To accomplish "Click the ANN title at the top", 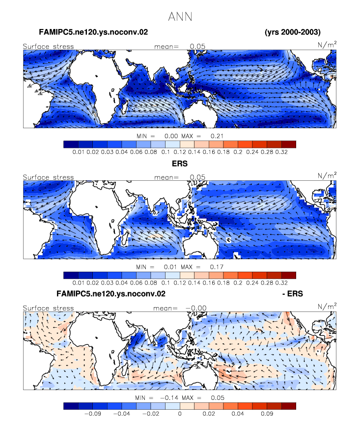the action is coord(180,17).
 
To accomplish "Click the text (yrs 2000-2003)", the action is coord(293,32).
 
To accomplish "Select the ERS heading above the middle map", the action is coord(180,164).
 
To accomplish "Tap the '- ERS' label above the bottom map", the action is coord(293,293).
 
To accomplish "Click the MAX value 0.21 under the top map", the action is coord(217,136).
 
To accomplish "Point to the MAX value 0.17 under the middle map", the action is coord(217,267).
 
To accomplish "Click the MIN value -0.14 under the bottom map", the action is coord(169,397).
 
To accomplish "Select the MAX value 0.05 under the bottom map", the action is coord(218,397).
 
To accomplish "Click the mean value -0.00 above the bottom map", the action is coord(196,308).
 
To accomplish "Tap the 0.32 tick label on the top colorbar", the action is coord(281,152).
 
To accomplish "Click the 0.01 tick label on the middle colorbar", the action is coord(79,282).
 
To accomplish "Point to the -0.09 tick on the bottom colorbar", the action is coord(93,414).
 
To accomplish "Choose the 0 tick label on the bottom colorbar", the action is coord(180,414).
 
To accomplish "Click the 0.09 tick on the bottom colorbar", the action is coord(267,414).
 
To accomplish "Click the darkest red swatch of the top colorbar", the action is coord(289,144).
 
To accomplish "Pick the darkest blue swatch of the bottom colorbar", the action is coord(71,406).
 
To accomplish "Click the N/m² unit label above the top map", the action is coord(327,44).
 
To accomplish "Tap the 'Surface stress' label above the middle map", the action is coord(48,177).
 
